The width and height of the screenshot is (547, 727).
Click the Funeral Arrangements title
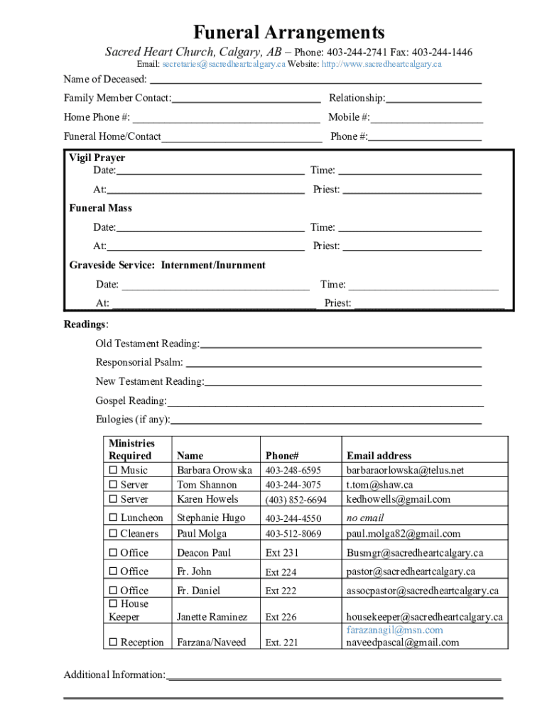[289, 33]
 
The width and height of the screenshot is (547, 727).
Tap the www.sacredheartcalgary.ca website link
[381, 65]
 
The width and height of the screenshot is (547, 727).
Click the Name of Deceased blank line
[315, 82]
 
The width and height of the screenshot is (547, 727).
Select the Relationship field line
[434, 101]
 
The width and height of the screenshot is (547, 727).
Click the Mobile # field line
[426, 120]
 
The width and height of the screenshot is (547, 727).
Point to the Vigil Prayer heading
[97, 158]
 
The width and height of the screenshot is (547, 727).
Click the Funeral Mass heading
[100, 208]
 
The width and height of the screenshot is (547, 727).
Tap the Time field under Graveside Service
[423, 288]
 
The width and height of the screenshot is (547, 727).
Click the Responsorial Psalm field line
[334, 365]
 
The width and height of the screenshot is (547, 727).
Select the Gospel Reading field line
[325, 403]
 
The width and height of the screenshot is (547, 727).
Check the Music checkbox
[112, 471]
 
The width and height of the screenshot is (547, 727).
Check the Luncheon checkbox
[112, 518]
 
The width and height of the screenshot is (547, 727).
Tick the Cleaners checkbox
[112, 534]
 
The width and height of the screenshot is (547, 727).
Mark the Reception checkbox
[112, 643]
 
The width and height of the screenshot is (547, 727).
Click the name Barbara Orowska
[214, 471]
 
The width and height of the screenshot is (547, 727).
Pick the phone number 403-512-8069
[293, 534]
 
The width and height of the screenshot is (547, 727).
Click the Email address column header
[379, 456]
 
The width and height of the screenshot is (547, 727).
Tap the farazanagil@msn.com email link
[394, 630]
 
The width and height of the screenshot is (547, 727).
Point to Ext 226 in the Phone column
[281, 618]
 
